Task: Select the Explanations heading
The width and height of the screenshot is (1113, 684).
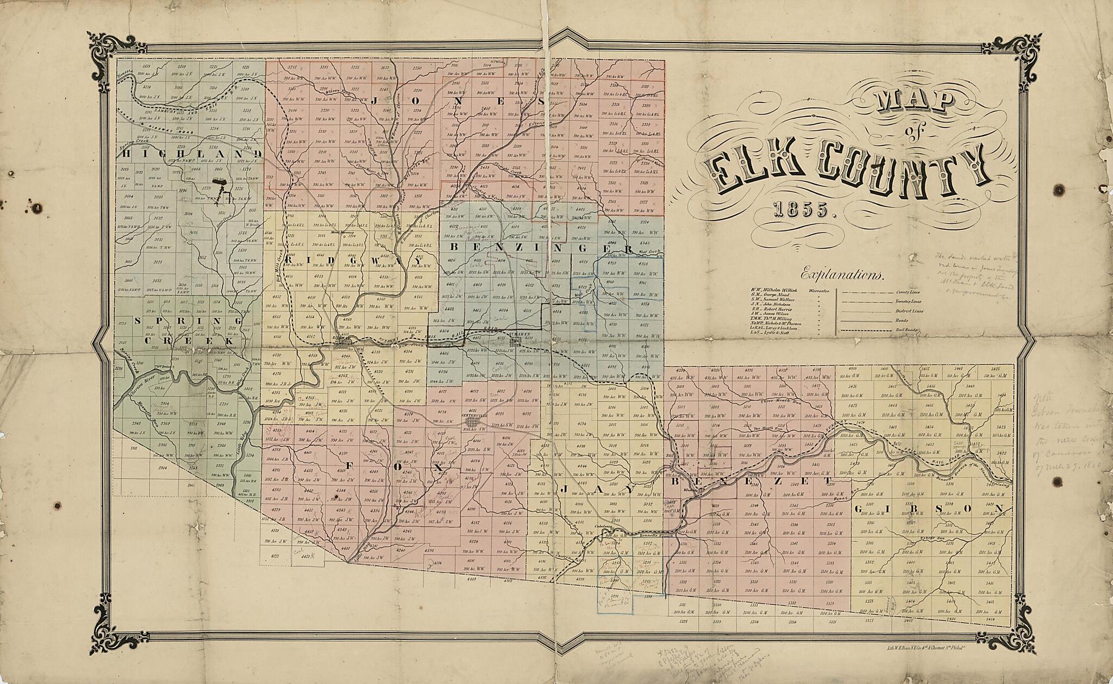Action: click(x=842, y=275)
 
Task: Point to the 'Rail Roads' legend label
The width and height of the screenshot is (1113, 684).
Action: click(x=906, y=329)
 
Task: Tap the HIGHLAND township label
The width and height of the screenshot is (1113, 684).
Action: click(x=190, y=154)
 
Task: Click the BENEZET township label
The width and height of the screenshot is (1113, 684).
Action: click(x=751, y=482)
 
